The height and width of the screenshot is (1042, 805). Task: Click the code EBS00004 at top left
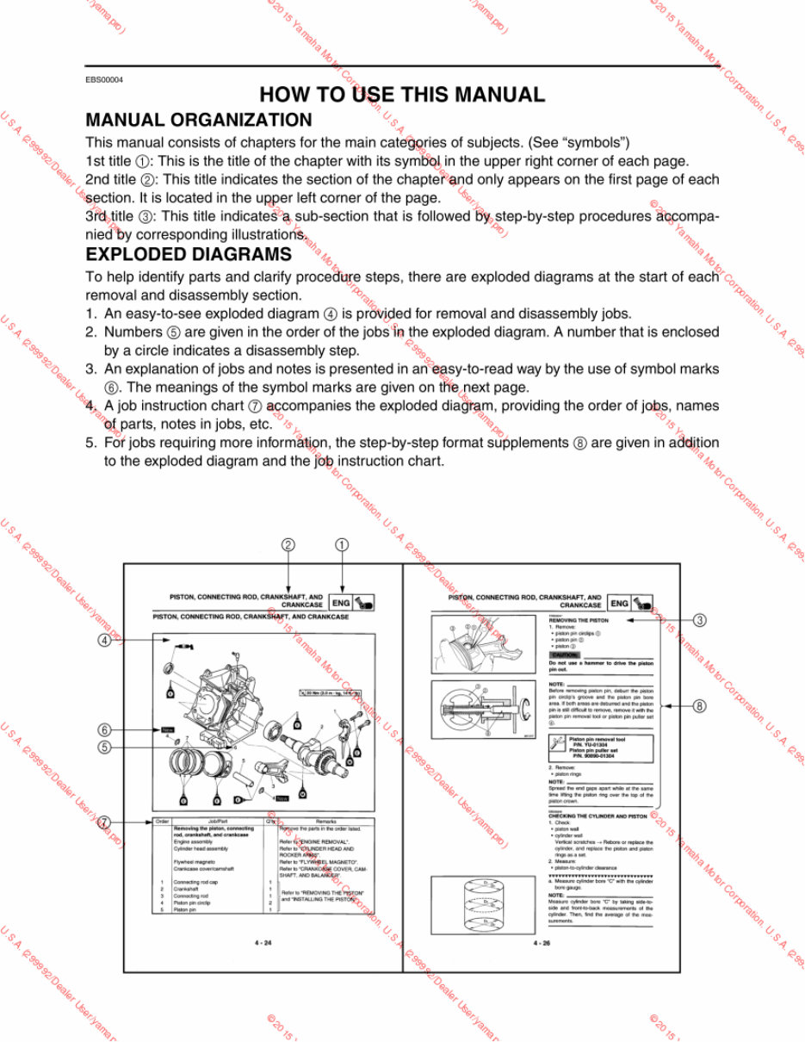[104, 79]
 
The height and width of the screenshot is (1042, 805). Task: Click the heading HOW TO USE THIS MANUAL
[402, 95]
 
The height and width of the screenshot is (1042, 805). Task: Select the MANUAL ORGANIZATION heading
[199, 121]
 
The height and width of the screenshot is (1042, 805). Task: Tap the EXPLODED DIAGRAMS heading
[189, 255]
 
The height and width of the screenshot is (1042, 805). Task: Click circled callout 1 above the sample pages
[343, 544]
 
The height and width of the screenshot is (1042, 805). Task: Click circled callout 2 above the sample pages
[288, 544]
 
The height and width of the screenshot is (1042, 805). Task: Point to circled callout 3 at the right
[701, 620]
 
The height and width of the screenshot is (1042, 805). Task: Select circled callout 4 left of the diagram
[104, 640]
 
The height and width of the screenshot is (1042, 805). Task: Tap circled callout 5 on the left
[104, 747]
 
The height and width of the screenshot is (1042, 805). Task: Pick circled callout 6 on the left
[104, 729]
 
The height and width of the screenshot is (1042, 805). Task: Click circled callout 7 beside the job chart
[104, 822]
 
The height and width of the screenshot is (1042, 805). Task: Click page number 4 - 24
[263, 943]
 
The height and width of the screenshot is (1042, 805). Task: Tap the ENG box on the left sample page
[340, 604]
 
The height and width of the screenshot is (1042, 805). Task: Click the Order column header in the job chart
[163, 821]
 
